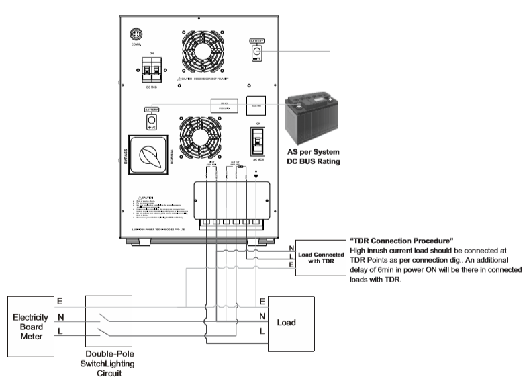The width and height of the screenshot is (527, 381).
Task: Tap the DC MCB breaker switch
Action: [x=150, y=70]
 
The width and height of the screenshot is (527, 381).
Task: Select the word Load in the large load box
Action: [x=291, y=322]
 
